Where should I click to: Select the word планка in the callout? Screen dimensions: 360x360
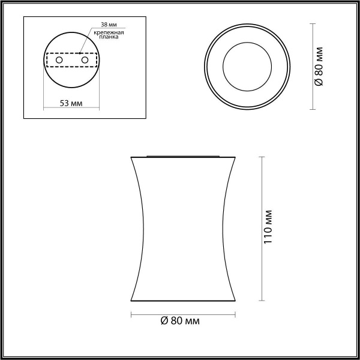108,37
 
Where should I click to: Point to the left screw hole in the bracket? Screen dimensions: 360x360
58,60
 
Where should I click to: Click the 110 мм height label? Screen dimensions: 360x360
269,229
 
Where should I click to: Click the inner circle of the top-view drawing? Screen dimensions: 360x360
248,66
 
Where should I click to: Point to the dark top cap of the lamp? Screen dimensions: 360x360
184,155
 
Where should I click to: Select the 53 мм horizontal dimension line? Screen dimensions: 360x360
71,109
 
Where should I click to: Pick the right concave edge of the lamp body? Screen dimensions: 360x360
226,229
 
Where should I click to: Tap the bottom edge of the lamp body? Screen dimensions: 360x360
184,301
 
